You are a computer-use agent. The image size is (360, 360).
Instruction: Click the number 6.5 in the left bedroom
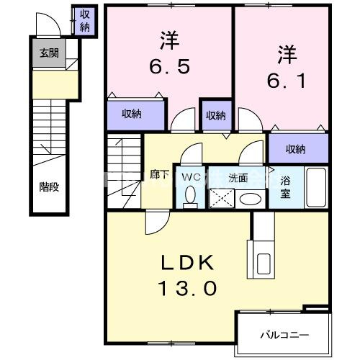click(x=170, y=67)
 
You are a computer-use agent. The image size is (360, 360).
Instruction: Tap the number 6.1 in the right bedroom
click(x=287, y=81)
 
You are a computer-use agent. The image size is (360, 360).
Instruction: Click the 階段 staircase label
click(x=48, y=186)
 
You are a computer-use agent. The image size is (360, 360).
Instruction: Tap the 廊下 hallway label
click(x=159, y=174)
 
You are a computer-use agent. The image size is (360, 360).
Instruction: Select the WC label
click(x=191, y=175)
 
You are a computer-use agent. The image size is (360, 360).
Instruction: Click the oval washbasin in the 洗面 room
click(x=251, y=198)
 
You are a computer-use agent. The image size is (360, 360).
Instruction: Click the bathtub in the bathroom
click(x=317, y=187)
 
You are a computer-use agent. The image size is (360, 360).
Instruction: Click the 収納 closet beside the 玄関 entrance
click(x=85, y=21)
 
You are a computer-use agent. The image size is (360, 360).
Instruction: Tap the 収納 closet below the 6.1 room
click(x=295, y=149)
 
